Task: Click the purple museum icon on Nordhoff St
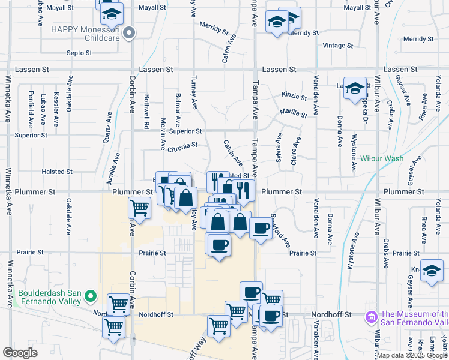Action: tap(371, 316)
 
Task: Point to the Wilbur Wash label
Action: tap(382, 159)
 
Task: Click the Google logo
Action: tap(20, 353)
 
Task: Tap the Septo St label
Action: tap(79, 53)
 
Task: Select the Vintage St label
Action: tap(338, 46)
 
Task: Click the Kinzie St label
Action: tap(294, 96)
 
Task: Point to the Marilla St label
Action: tap(294, 113)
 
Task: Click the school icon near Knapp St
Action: tap(432, 271)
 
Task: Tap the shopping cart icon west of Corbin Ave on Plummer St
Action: tap(139, 208)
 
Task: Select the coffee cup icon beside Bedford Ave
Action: tap(261, 229)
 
